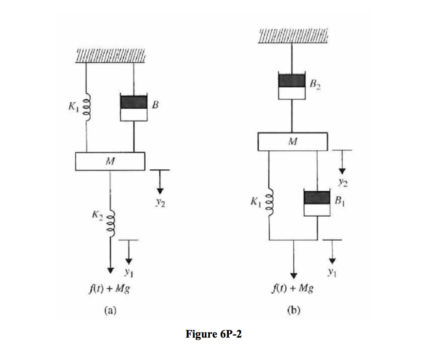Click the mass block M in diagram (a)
pos(110,161)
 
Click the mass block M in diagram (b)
pos(293,142)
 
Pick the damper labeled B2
pos(292,86)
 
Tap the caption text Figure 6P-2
pos(213,334)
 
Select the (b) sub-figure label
pos(294,309)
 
